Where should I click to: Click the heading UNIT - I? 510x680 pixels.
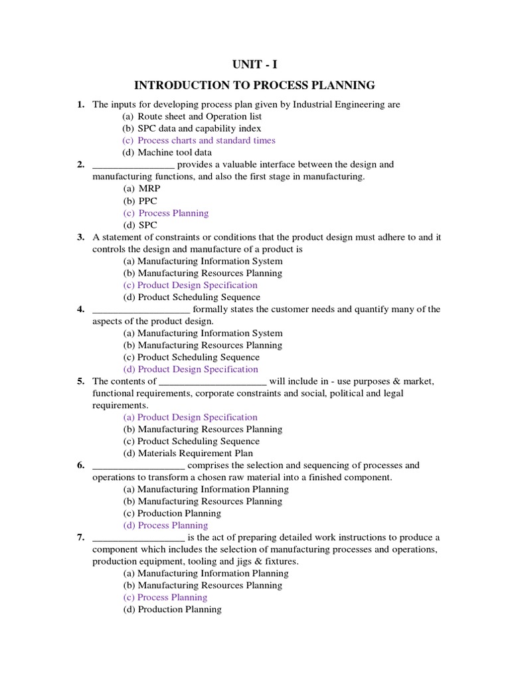255,64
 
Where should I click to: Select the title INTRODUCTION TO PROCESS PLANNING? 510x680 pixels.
255,85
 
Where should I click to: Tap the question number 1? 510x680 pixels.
80,104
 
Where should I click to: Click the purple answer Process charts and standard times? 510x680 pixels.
199,140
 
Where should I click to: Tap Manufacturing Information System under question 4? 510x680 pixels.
203,333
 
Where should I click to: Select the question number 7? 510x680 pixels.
80,537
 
